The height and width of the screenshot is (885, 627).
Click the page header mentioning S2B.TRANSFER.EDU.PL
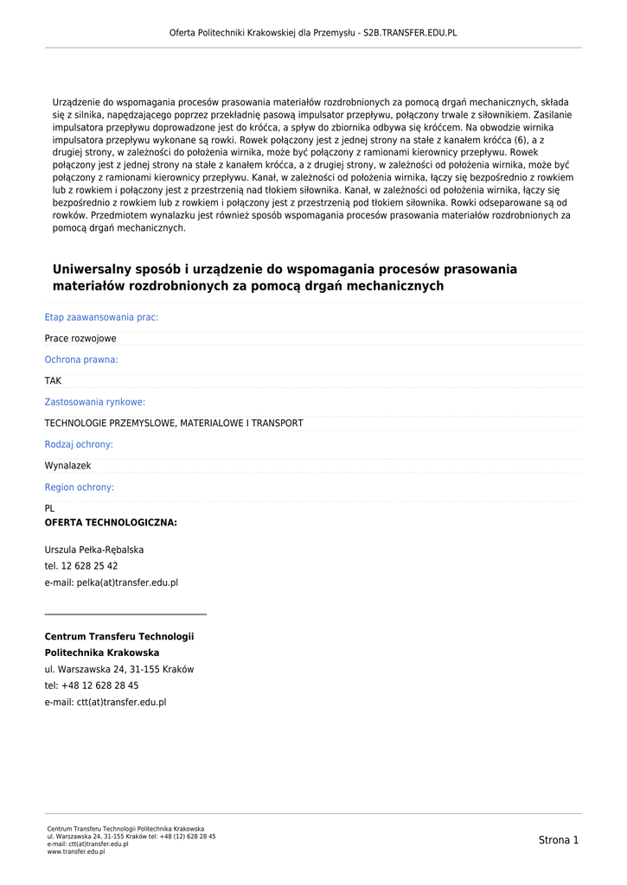coord(313,33)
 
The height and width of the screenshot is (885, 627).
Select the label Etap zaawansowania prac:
coord(101,317)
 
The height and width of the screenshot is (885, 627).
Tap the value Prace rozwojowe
coord(80,339)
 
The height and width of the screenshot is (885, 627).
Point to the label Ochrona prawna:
coord(81,360)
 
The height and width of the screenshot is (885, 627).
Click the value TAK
coord(54,381)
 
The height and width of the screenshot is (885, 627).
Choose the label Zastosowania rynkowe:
coord(95,402)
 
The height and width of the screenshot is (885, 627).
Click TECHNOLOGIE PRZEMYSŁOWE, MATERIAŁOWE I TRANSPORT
coord(174,423)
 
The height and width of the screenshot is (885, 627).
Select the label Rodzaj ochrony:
coord(79,444)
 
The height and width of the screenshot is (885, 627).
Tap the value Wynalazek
coord(67,466)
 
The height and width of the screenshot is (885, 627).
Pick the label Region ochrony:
coord(80,487)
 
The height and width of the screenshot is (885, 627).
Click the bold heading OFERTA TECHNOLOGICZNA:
coord(111,523)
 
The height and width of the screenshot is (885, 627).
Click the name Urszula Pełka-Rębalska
coord(94,550)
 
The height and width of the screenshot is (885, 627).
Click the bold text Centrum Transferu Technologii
coord(119,637)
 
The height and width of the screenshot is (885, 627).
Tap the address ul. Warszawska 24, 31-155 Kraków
coord(119,669)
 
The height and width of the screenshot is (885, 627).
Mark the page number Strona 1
coord(559,840)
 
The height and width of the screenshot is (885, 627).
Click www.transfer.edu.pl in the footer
coord(76,852)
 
